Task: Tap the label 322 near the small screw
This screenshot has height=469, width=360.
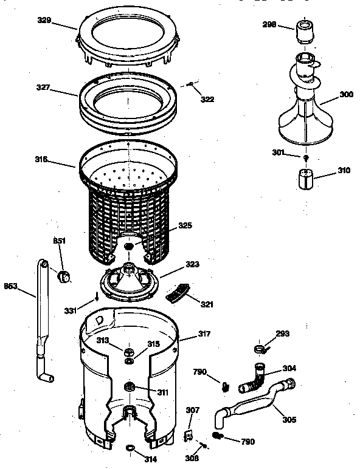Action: click(x=207, y=99)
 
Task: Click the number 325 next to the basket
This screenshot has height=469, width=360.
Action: click(x=185, y=226)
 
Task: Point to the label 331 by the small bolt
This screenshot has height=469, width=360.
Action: click(x=71, y=311)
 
